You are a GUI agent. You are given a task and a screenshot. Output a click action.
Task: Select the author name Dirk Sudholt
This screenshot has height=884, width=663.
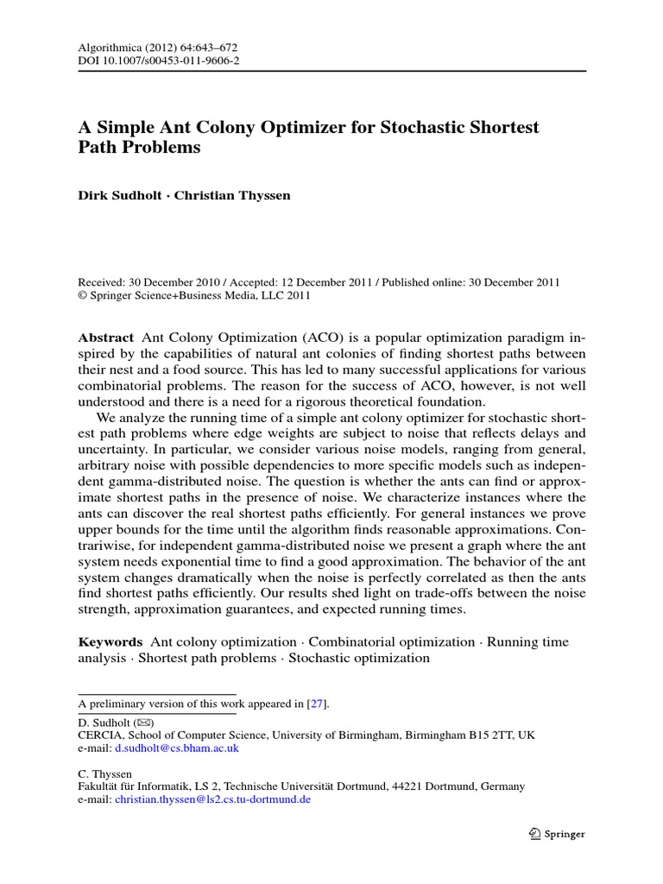tap(122, 195)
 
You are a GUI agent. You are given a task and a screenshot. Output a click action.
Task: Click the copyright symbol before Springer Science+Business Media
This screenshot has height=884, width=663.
tap(83, 295)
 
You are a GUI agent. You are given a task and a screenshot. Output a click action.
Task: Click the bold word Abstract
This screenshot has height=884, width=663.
tap(106, 338)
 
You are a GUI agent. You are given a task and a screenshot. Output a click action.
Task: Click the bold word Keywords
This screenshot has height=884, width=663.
tap(110, 642)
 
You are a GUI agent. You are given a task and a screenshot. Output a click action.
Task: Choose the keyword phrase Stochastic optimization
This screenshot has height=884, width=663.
tap(358, 658)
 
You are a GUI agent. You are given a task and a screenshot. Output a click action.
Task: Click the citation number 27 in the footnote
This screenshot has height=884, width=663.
tap(317, 704)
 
